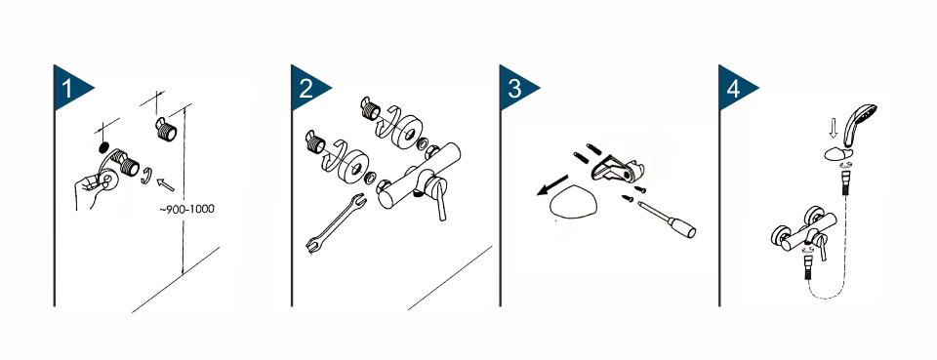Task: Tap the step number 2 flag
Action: pos(306,88)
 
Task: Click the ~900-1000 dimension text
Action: pos(186,209)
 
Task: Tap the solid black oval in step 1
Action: pos(102,147)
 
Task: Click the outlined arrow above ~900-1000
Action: pos(165,184)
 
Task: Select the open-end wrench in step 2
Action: pos(335,223)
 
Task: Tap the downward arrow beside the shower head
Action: pos(835,127)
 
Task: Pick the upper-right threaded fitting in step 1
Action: pos(166,129)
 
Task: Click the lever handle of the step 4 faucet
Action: pos(822,247)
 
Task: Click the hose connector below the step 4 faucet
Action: pos(807,267)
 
